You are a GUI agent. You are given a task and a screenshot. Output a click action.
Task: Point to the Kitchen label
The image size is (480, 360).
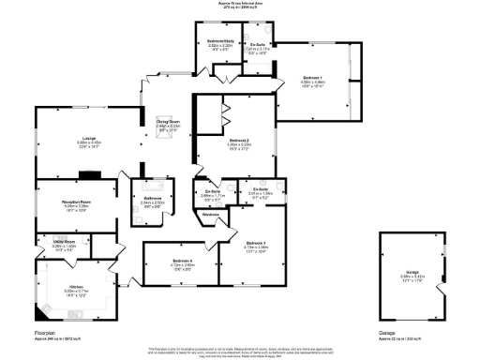pyautogui.click(x=76, y=287)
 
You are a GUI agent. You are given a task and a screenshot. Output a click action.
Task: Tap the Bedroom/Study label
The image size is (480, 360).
pyautogui.click(x=214, y=41)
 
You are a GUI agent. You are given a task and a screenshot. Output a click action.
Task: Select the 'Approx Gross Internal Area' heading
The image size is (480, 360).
pyautogui.click(x=240, y=4)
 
